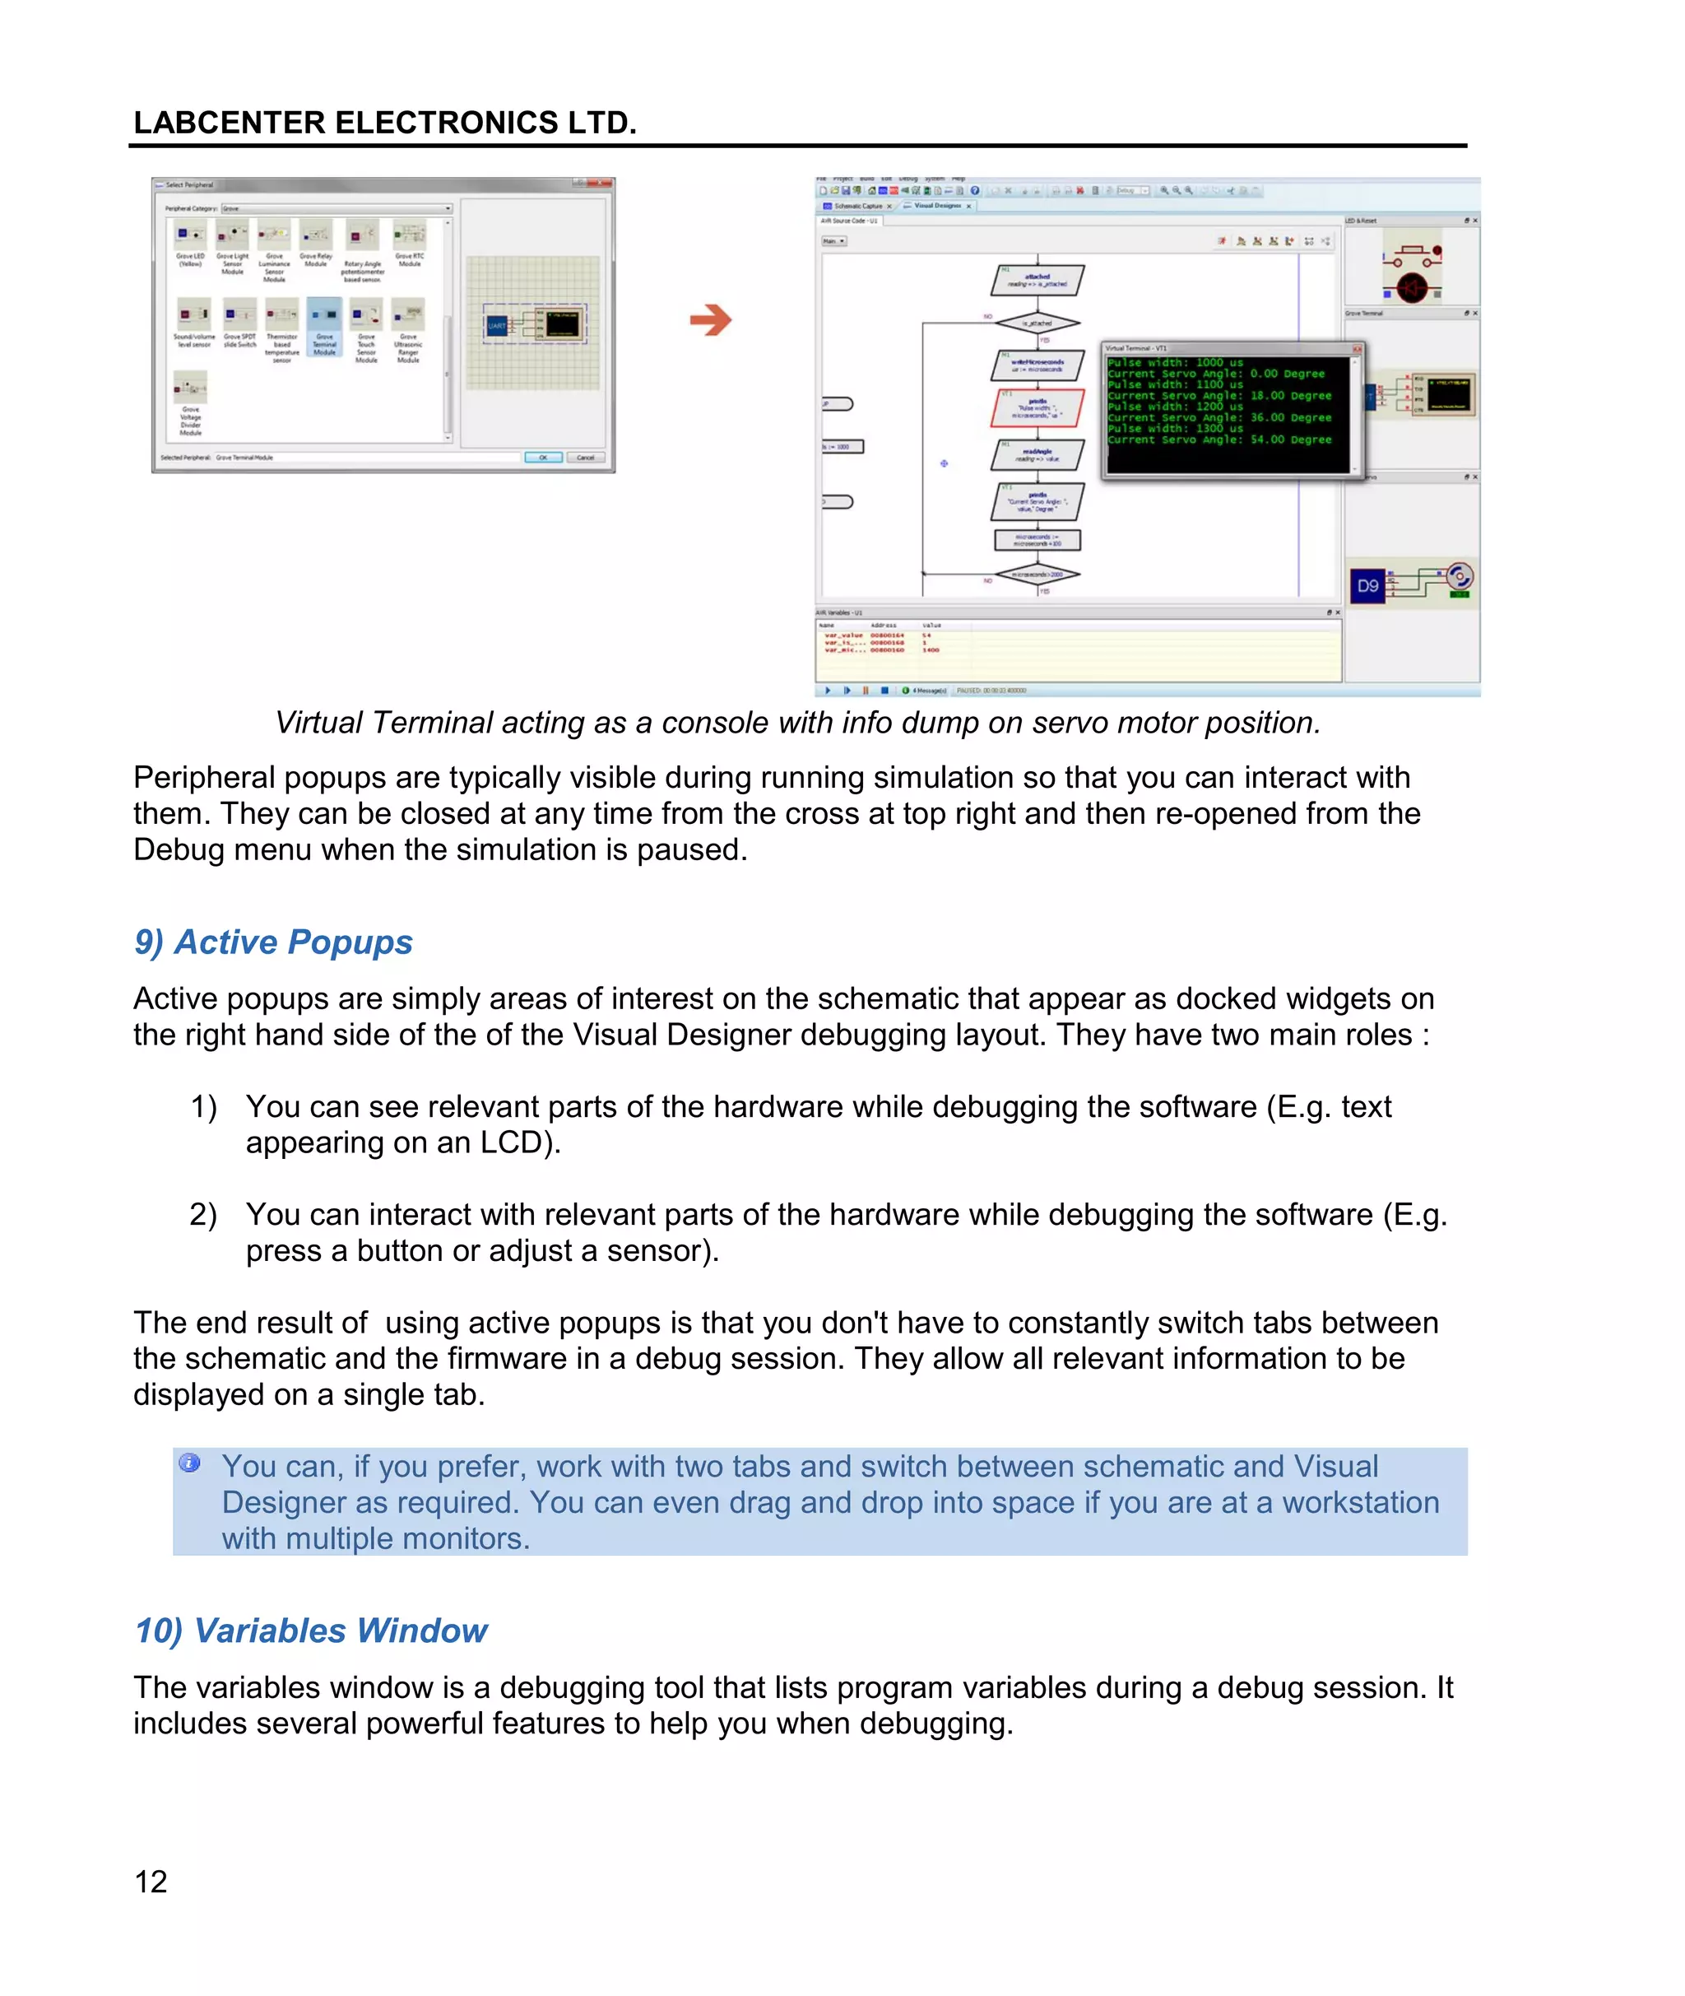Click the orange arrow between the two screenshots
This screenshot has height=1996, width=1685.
710,319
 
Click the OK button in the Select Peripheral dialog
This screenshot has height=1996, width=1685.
542,458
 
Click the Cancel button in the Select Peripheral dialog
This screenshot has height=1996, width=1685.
585,458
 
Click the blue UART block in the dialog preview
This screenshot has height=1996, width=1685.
498,326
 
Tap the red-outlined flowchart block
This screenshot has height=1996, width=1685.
1037,408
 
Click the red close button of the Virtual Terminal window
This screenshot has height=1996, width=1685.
1357,349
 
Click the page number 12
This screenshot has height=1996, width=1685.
151,1882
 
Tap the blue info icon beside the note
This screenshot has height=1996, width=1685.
190,1463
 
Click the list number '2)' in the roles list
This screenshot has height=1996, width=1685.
202,1214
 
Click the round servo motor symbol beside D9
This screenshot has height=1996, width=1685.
1458,576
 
